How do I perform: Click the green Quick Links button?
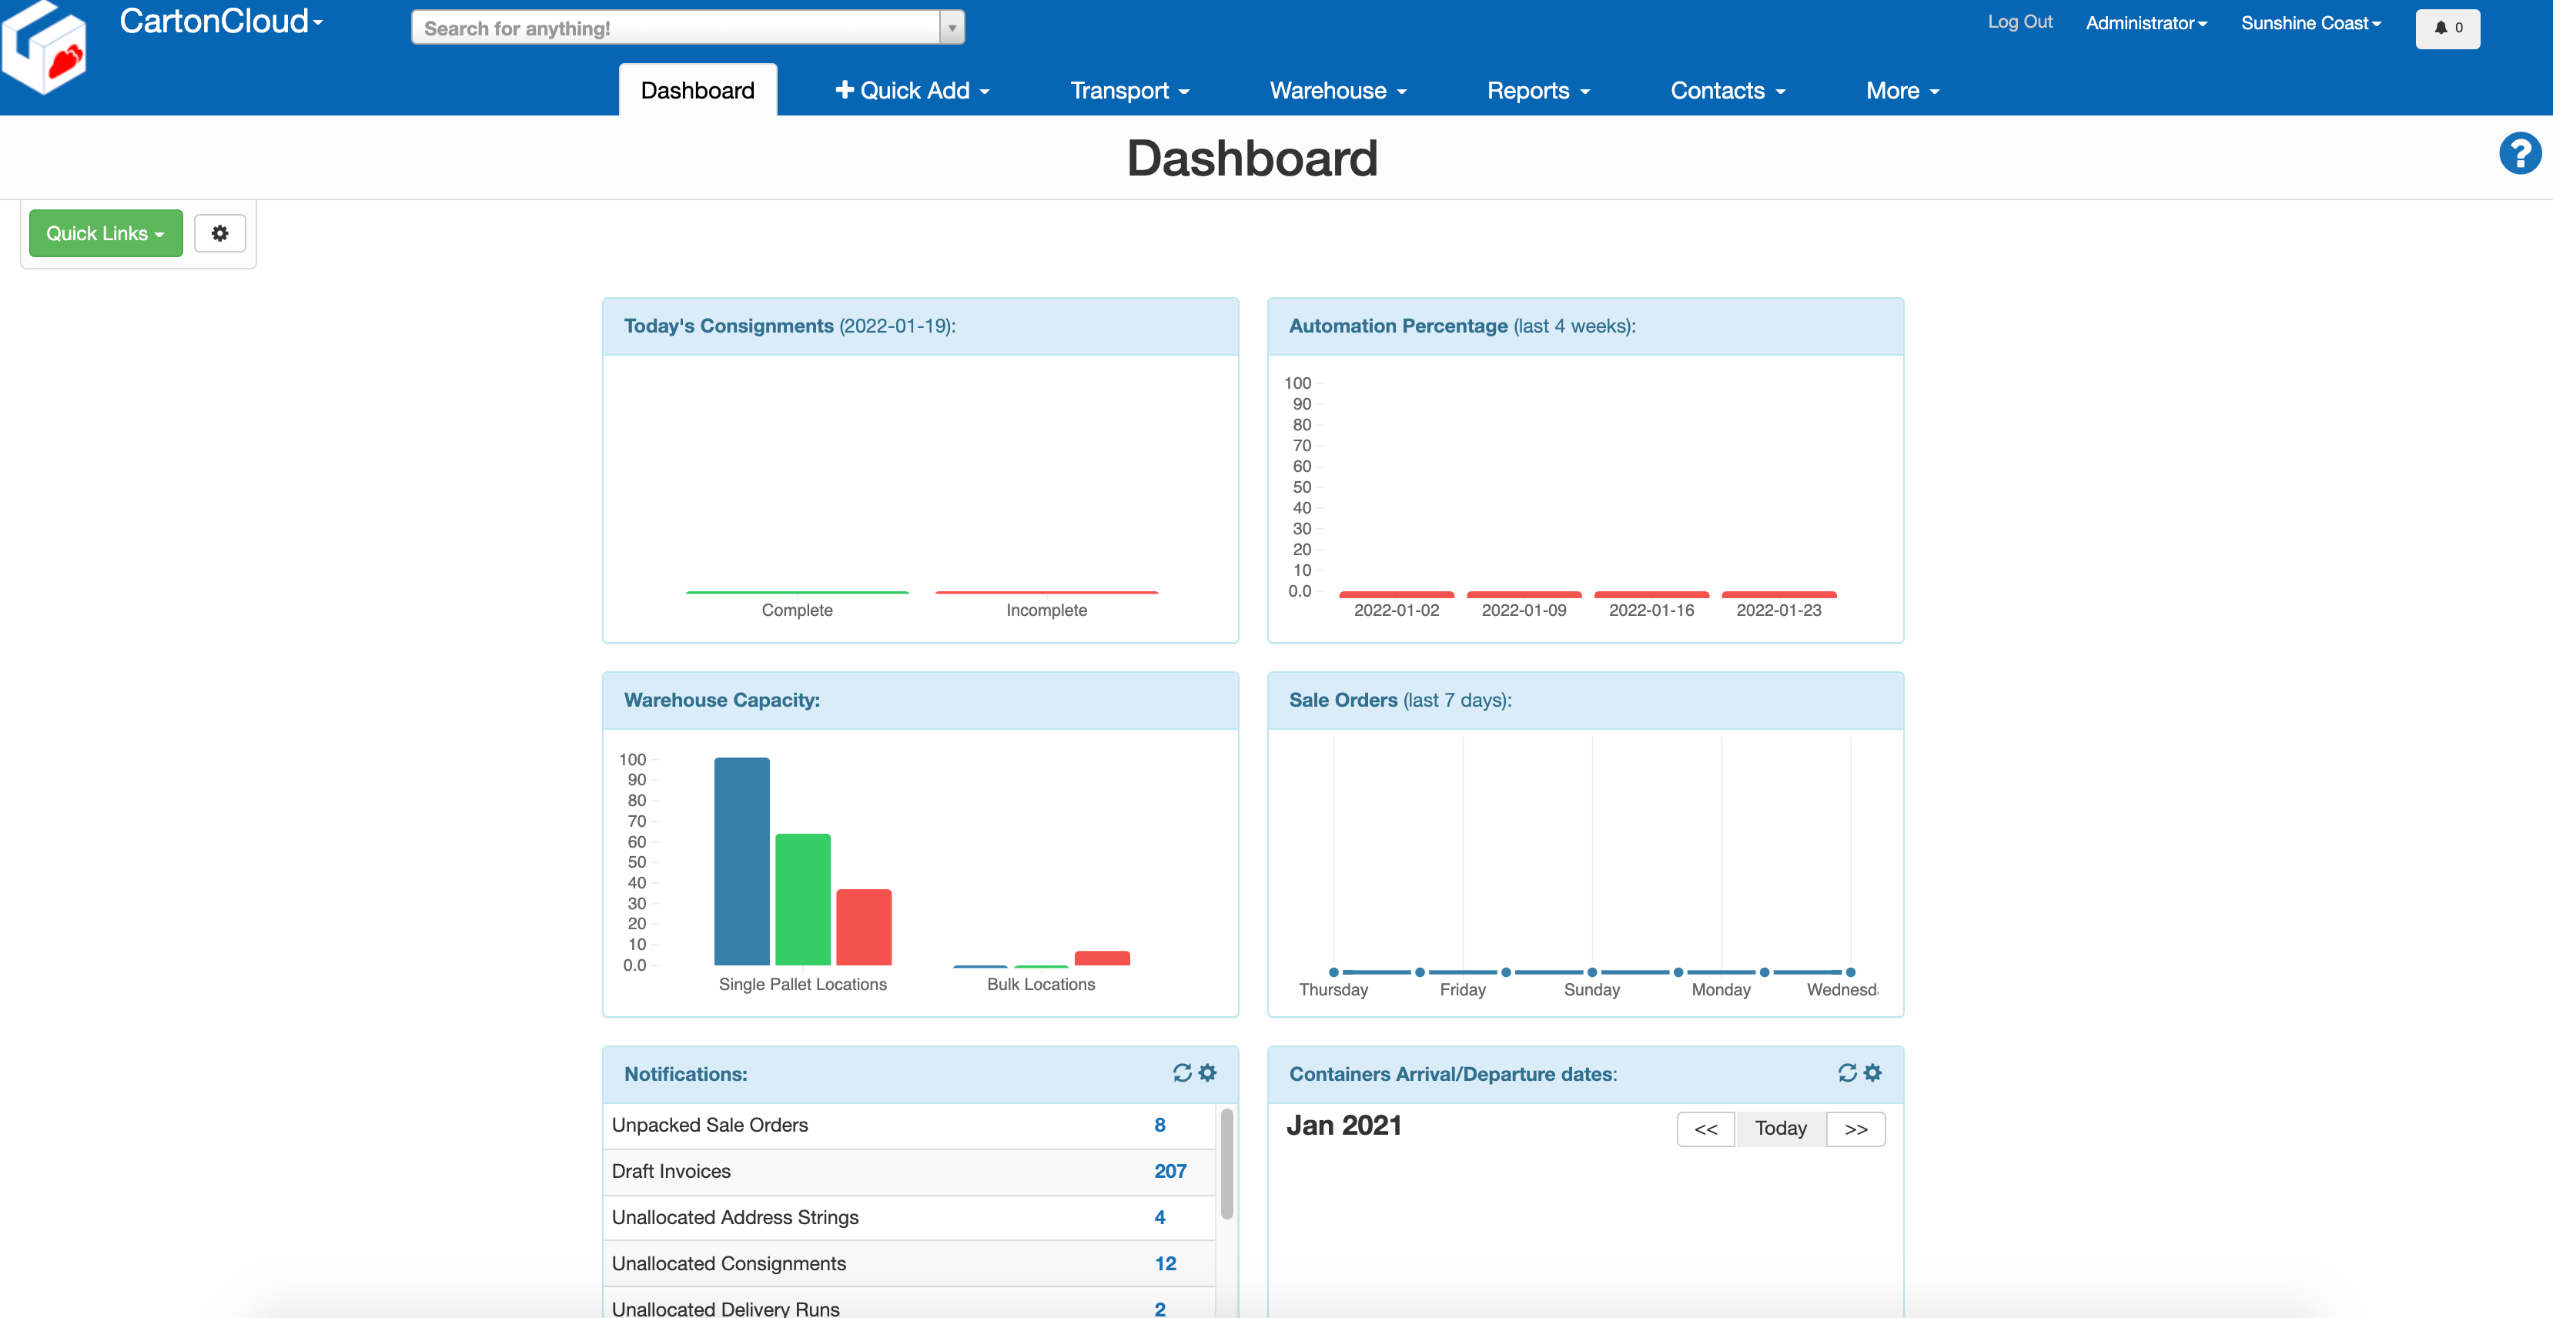[x=105, y=232]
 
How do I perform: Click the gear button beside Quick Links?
[x=220, y=232]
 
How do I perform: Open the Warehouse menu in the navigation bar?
[x=1337, y=90]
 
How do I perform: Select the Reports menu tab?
[x=1537, y=90]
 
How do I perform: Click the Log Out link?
[x=2019, y=22]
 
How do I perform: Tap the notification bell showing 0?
[x=2447, y=28]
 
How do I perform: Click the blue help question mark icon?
[x=2518, y=154]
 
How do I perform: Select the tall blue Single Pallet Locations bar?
[x=741, y=860]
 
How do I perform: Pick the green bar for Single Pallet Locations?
[x=801, y=899]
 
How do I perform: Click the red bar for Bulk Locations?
[x=1101, y=957]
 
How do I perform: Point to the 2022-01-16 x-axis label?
[x=1651, y=610]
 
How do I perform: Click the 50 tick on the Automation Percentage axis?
[x=1301, y=487]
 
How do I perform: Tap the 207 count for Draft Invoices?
[x=1169, y=1170]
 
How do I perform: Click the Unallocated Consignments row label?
[x=728, y=1263]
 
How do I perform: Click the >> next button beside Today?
[x=1855, y=1129]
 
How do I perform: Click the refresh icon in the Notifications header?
[x=1181, y=1072]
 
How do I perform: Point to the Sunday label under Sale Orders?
[x=1591, y=989]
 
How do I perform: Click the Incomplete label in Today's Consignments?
[x=1046, y=610]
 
